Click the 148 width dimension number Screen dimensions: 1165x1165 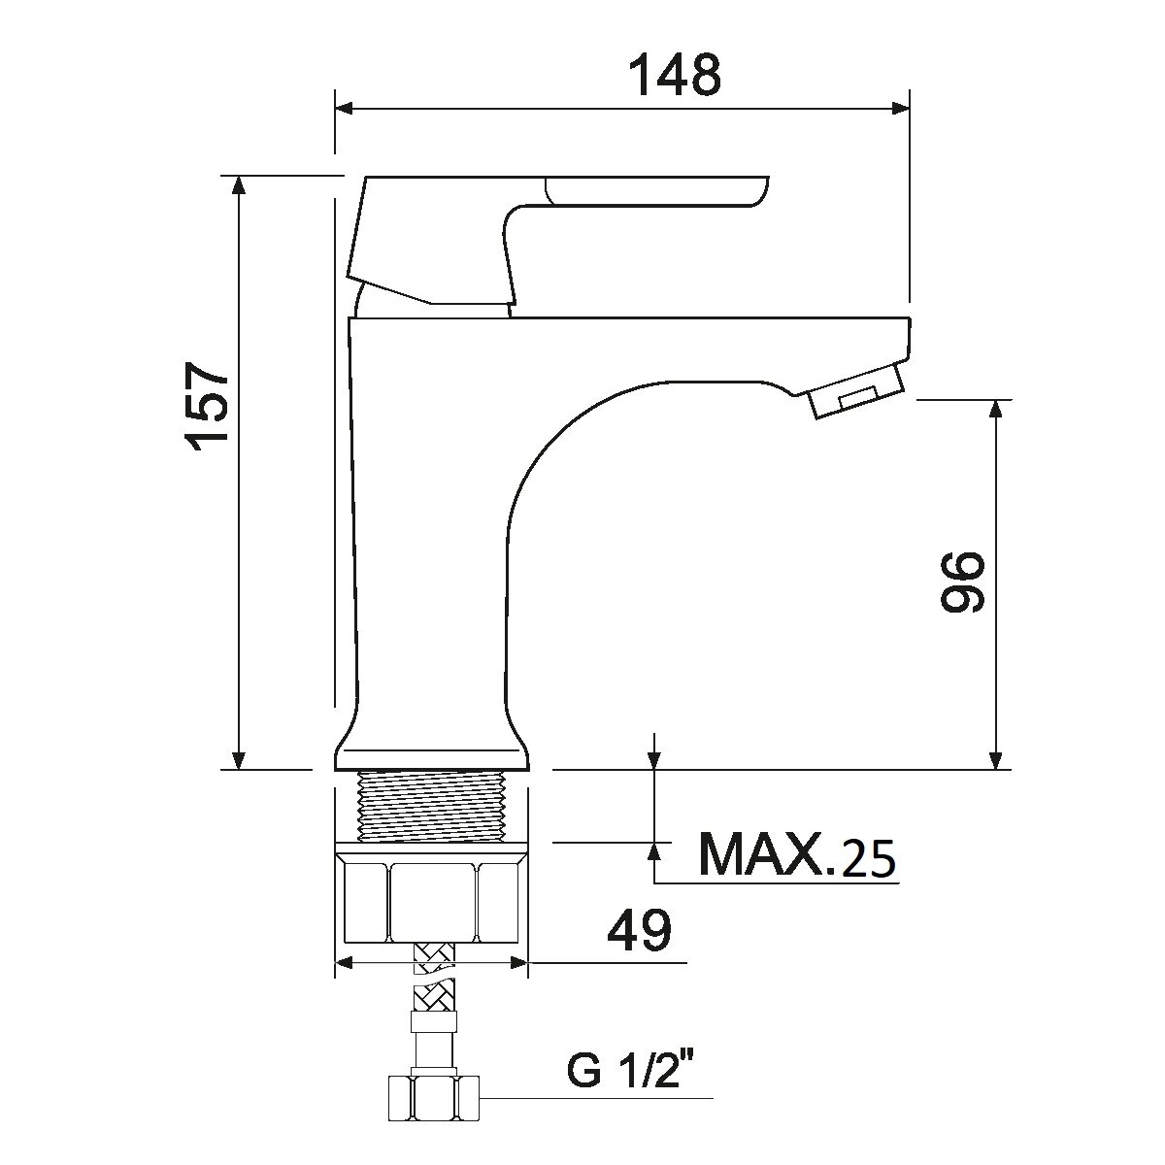676,75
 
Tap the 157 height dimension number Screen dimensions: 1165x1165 208,407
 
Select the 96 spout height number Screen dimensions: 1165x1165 962,581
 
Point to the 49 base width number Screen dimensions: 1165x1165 639,930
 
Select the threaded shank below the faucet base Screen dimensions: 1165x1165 431,807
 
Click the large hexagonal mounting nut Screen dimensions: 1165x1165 431,892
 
